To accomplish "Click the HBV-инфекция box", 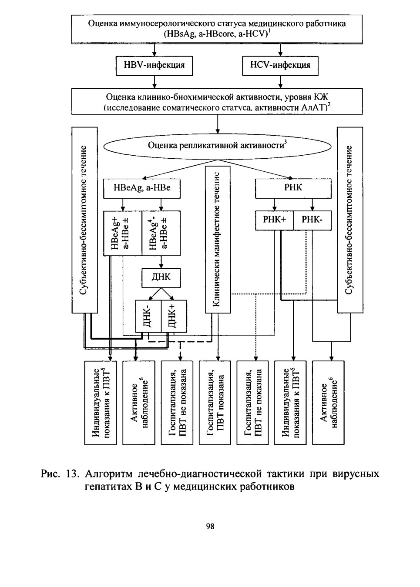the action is (154, 66).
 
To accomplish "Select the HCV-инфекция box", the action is (280, 66).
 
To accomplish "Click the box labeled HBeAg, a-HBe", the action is (142, 188).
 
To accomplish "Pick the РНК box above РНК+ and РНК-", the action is (293, 188).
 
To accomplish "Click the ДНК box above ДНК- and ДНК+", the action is (161, 277).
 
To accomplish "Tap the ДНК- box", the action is (148, 316).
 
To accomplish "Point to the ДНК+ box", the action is (174, 316).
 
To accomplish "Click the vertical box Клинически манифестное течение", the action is (218, 240).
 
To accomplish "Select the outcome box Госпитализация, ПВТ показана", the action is (215, 403).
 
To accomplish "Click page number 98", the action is (210, 527).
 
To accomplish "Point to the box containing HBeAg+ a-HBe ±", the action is (123, 233).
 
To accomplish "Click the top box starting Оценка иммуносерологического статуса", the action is (217, 29).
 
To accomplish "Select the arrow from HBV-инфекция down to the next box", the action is (155, 82).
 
